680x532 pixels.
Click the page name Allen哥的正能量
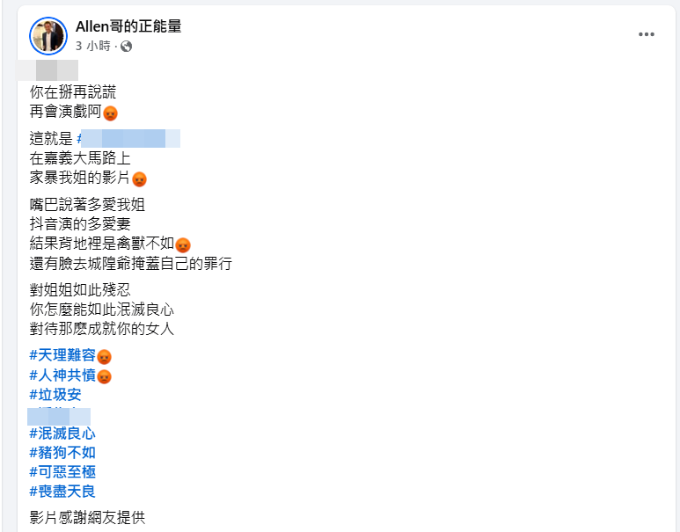coord(128,26)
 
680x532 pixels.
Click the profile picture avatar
coord(48,36)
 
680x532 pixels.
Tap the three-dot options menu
coord(647,34)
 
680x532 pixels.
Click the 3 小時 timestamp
coord(92,46)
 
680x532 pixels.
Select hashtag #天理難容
coord(62,356)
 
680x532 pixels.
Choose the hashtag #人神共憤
coord(62,375)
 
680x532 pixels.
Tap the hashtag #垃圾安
coord(55,395)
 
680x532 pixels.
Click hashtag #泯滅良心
coord(62,434)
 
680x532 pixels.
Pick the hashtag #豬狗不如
coord(62,453)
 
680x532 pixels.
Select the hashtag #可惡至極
coord(62,472)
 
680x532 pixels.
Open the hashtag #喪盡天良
coord(62,492)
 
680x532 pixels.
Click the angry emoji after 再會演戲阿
coord(111,113)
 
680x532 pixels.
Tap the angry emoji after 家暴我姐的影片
coord(139,179)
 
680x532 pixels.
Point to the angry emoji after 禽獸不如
coord(183,245)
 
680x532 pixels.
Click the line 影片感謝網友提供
coord(86,518)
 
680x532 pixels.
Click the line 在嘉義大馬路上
coord(80,158)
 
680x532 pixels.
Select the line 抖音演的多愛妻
coord(80,224)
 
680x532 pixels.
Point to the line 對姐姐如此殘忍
coord(80,289)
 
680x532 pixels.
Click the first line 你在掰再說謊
coord(72,91)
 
